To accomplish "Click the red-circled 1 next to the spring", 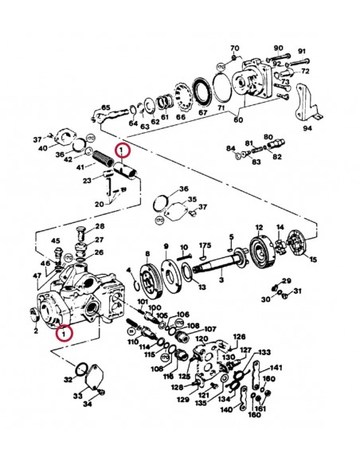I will tap(121, 149).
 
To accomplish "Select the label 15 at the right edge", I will tap(313, 259).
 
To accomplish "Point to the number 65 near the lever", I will tap(104, 107).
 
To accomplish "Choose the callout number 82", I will tap(278, 158).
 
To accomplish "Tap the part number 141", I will tap(276, 368).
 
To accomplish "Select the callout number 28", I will tap(100, 227).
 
